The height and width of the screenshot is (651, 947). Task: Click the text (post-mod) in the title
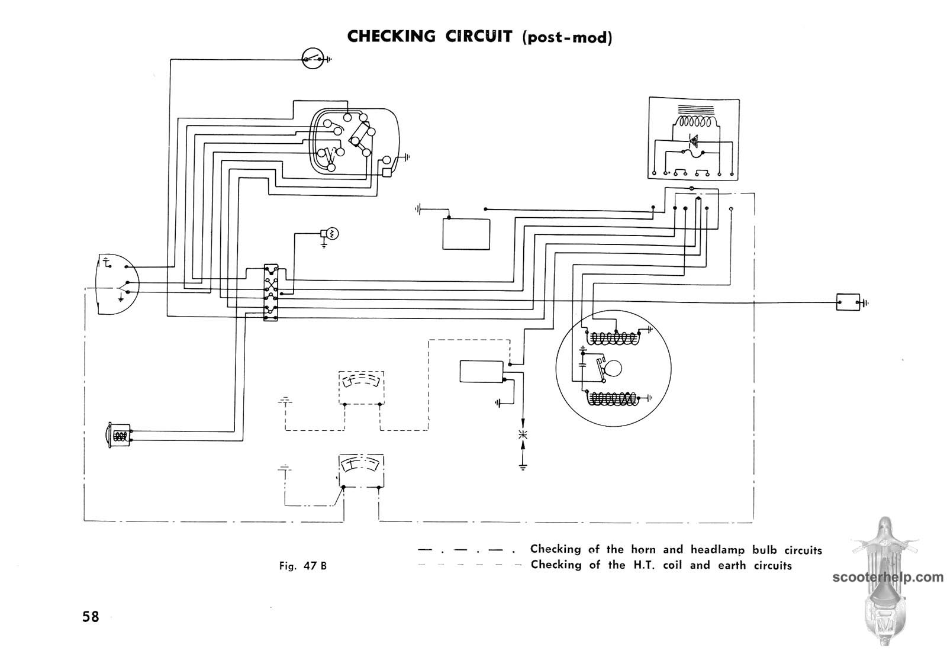point(567,37)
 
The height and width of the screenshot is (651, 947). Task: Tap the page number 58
point(91,617)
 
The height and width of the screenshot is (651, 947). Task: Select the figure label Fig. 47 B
point(303,566)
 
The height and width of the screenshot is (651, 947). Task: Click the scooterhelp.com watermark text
point(888,577)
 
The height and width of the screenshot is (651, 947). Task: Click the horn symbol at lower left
point(119,436)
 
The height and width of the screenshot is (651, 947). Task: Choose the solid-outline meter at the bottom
point(361,471)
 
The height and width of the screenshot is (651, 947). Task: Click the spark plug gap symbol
point(523,436)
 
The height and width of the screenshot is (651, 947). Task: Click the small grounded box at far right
point(848,302)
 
